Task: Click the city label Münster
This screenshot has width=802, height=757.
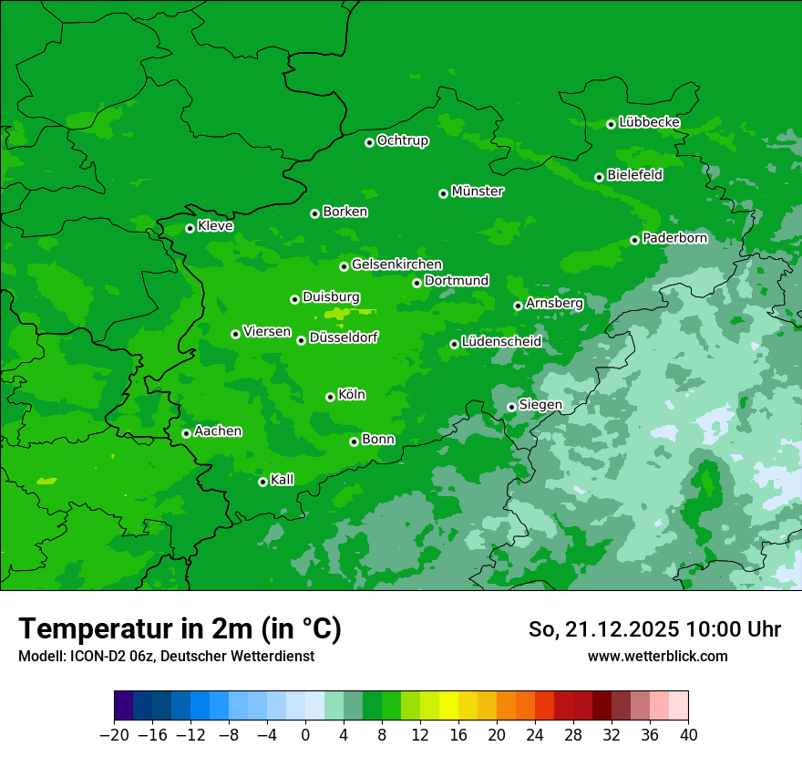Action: click(477, 192)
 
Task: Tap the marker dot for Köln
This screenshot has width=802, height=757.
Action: click(330, 397)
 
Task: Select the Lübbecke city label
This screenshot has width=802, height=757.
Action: click(649, 122)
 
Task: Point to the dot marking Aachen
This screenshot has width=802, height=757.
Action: click(186, 433)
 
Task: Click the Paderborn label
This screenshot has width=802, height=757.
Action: click(674, 238)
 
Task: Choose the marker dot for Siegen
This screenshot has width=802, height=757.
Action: click(511, 407)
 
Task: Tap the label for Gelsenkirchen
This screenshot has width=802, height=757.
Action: click(396, 264)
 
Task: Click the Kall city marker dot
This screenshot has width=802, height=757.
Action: click(262, 482)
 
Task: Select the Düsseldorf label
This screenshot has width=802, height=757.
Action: click(344, 337)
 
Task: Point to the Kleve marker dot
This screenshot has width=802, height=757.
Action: click(190, 228)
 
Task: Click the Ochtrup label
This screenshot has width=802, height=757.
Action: click(402, 140)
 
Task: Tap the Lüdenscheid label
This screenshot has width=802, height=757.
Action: click(501, 342)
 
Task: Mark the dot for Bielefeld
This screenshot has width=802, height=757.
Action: click(599, 177)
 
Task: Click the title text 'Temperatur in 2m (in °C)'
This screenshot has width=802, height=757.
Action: click(180, 628)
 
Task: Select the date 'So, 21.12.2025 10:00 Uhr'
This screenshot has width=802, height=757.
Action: click(654, 629)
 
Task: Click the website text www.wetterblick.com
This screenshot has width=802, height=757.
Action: click(657, 656)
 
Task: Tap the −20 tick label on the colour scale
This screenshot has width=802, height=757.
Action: click(114, 735)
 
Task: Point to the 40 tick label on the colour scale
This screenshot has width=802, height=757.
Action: click(688, 735)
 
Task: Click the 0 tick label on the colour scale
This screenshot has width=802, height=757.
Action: click(305, 735)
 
